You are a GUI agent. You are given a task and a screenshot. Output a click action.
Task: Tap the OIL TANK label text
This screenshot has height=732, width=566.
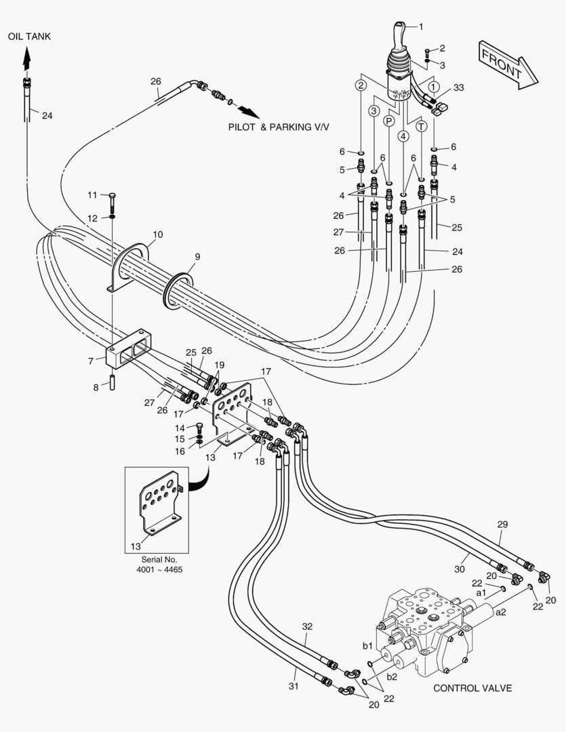coord(29,37)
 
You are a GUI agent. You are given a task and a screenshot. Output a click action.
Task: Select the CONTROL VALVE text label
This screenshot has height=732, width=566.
coord(472,688)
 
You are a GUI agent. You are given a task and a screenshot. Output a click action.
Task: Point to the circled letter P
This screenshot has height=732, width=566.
coord(389,121)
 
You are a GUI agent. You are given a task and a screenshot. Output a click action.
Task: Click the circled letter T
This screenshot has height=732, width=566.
coord(422,126)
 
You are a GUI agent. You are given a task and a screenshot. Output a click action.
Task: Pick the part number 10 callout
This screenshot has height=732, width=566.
coord(158,235)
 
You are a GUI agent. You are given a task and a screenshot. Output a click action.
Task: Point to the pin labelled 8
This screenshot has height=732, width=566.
coord(112,381)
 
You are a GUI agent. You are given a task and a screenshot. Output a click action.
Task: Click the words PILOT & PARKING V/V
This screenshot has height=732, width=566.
coord(279,127)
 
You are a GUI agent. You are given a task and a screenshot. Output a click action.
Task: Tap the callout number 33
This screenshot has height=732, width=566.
coord(459,87)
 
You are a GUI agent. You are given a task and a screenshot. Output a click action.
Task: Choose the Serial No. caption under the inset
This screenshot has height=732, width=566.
coord(159,565)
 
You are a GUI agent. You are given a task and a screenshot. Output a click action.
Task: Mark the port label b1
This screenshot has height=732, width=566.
coord(368,646)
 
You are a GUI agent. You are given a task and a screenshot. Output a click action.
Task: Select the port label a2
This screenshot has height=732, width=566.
coord(501,612)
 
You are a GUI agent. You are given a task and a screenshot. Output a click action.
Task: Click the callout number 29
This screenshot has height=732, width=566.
coord(502,524)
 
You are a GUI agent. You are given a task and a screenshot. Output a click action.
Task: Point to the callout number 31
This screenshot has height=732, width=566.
coord(294,686)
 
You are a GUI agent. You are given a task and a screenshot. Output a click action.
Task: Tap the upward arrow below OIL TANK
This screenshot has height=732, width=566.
coord(27,59)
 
